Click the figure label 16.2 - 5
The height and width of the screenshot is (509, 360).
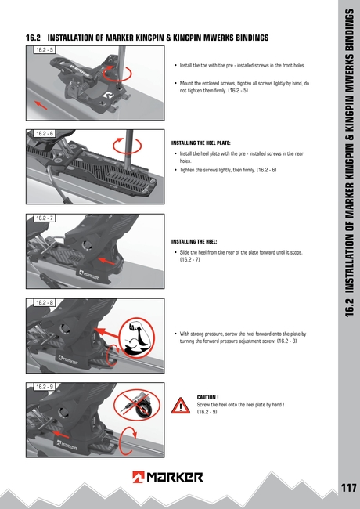click(44, 49)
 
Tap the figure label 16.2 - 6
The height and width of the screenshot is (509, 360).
click(44, 134)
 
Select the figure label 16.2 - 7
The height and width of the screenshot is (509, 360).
click(44, 218)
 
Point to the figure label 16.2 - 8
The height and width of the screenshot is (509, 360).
click(44, 302)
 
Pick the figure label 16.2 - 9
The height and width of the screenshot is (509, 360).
click(44, 387)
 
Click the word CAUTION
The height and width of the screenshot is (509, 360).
click(207, 397)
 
